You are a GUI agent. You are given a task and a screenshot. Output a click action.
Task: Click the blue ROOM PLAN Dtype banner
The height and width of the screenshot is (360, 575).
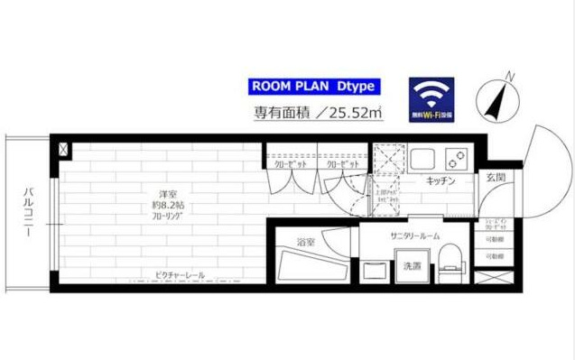click(x=313, y=88)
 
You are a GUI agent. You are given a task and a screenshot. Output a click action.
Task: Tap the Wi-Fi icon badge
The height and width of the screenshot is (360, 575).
click(x=431, y=98)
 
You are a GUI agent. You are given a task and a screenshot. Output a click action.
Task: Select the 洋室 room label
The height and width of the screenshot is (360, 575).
click(x=168, y=194)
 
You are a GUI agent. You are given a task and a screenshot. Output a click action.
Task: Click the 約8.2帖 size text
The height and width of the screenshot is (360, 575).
click(x=168, y=207)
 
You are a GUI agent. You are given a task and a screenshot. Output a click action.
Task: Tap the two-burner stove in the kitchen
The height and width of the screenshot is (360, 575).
click(x=454, y=160)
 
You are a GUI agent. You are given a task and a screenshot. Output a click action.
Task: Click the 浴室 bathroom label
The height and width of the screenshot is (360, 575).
click(x=305, y=243)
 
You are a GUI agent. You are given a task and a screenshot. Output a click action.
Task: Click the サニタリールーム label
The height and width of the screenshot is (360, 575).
click(x=414, y=235)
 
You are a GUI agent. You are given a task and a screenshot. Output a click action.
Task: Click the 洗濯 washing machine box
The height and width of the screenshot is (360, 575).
click(x=412, y=266)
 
